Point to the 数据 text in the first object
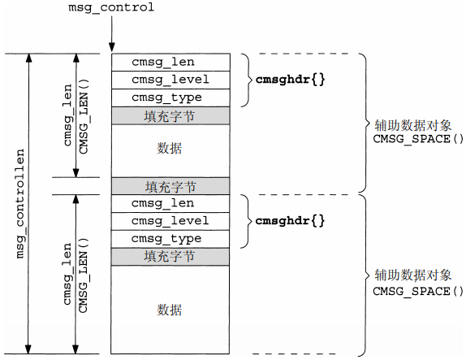pos(170,147)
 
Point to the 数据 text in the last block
pos(170,310)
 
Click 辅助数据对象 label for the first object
pos(412,126)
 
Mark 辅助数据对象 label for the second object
pos(412,275)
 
